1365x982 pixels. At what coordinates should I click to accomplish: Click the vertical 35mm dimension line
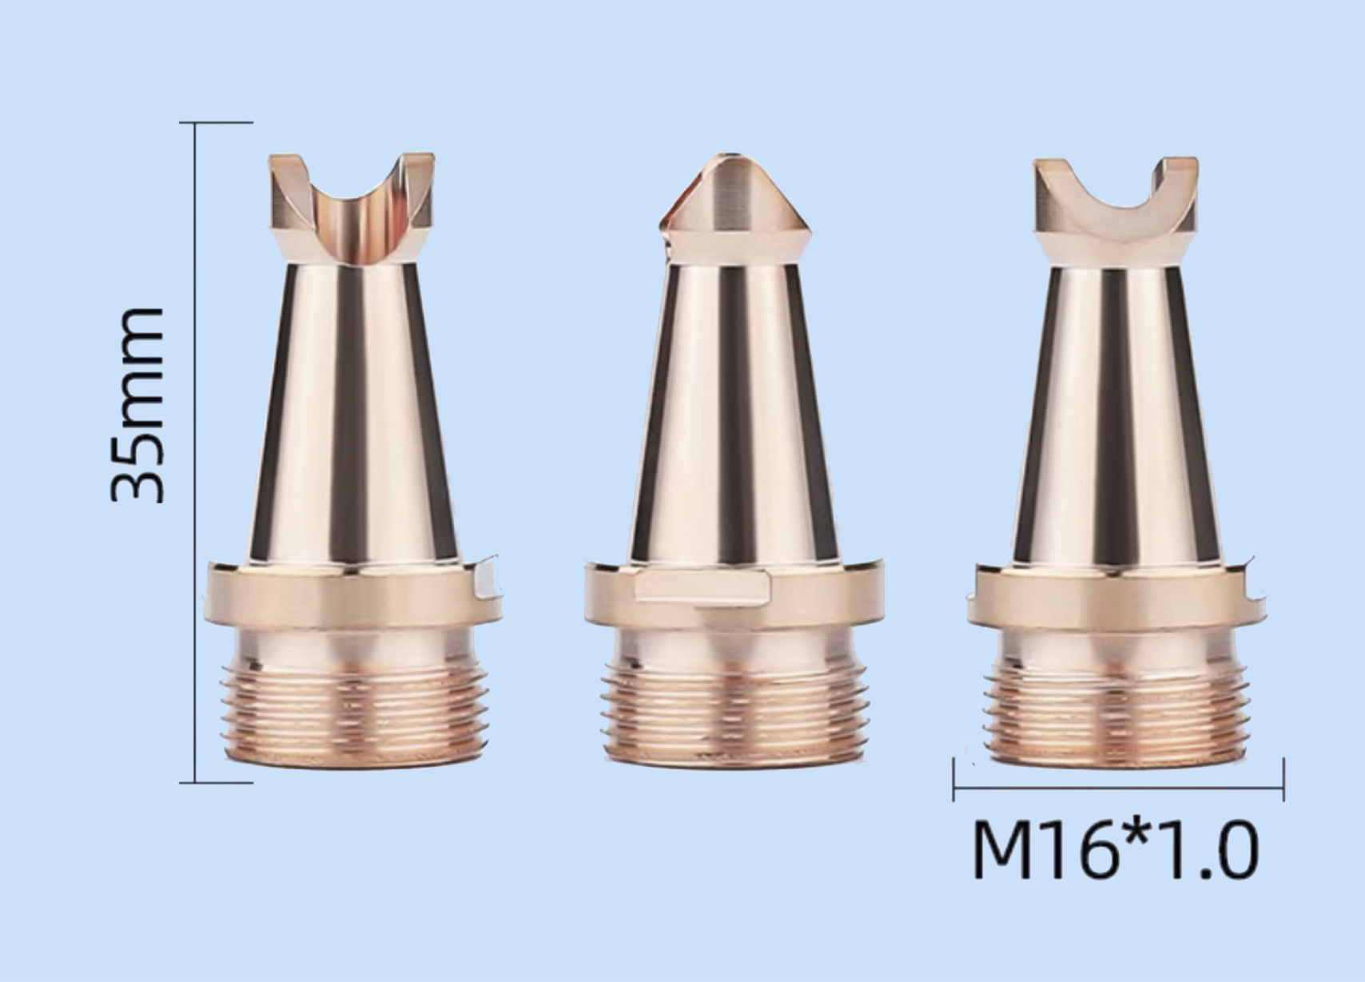point(195,452)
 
